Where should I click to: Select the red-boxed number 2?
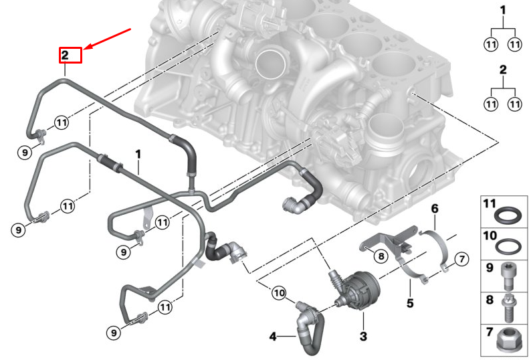[x=70, y=54]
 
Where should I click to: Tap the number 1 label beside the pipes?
[x=138, y=155]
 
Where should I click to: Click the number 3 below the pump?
[x=363, y=335]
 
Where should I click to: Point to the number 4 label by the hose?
[x=273, y=335]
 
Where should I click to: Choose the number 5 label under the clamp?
[x=409, y=302]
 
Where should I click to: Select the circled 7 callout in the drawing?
[x=461, y=258]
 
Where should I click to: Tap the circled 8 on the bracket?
[x=380, y=255]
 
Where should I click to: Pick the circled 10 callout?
[x=278, y=292]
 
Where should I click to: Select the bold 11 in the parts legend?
[x=490, y=203]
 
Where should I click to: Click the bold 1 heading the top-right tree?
[x=503, y=11]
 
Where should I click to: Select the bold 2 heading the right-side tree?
[x=503, y=70]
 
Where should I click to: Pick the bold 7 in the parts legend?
[x=489, y=331]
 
